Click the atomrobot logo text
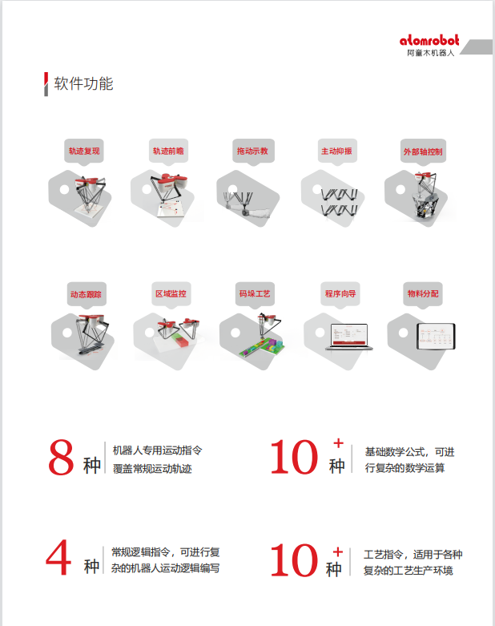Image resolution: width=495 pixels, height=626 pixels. pos(429,41)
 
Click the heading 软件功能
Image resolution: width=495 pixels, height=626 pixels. pos(83,83)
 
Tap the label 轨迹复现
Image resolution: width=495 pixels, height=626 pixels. pos(84,151)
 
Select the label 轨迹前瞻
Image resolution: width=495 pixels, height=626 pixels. pos(168,151)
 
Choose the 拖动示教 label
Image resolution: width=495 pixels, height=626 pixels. pos(252,151)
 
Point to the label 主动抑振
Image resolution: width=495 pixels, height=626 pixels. pos(336,151)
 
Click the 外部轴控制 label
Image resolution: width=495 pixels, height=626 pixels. pos(423,151)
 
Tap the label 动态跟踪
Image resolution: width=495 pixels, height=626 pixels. pos(85,294)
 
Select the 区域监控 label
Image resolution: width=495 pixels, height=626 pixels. pos(170,294)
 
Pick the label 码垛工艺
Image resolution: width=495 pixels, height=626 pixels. pos(255,294)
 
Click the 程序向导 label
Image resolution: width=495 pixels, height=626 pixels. pos(340,294)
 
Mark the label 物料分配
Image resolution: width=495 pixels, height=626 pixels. pos(423,294)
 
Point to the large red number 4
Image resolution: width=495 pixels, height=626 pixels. pos(58,559)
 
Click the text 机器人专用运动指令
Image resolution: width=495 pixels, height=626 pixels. pos(157,450)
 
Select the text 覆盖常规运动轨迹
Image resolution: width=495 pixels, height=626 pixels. pos(152,469)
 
